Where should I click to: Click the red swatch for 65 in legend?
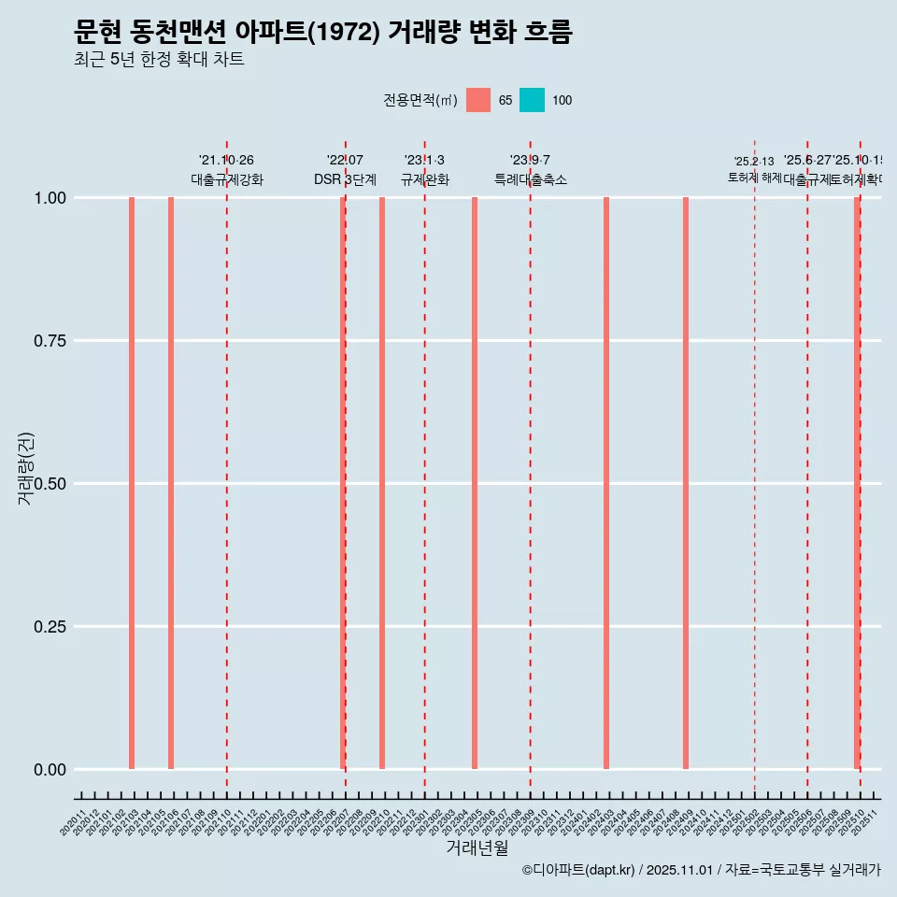coord(478,100)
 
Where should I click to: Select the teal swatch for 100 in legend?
coord(532,100)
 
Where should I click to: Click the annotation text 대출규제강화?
coord(227,179)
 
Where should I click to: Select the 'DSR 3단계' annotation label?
coord(345,179)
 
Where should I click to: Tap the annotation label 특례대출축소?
coord(531,179)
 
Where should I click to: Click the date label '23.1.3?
coord(424,161)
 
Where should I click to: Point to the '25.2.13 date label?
coord(754,162)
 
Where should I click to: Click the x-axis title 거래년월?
coord(477,847)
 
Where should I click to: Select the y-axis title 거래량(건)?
coord(26,468)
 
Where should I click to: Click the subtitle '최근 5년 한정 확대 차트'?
coord(159,60)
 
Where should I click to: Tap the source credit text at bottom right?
coord(701,871)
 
